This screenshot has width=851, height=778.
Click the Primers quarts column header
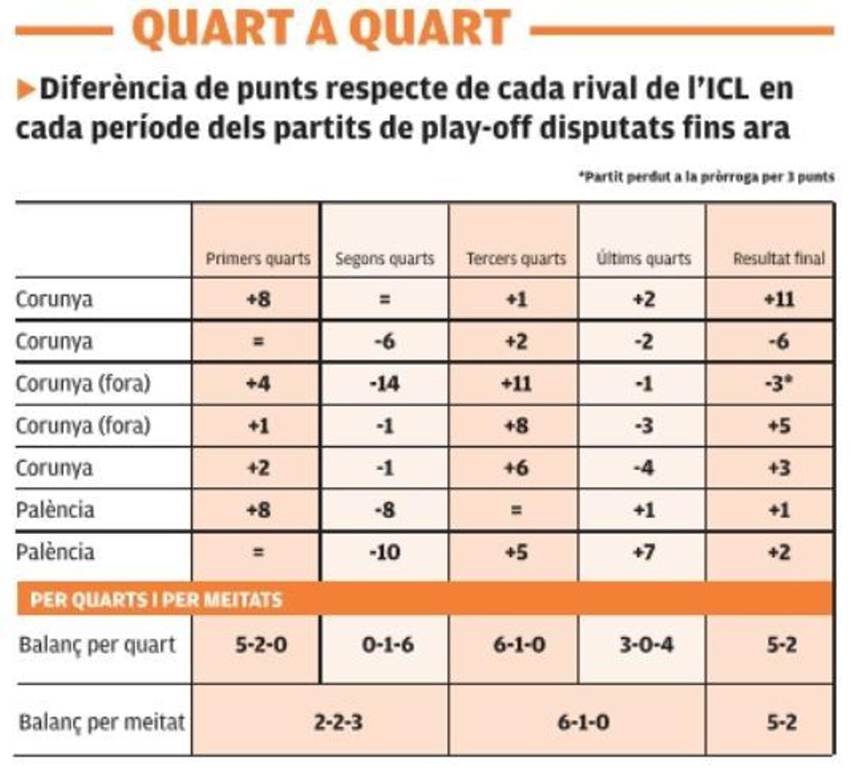(257, 259)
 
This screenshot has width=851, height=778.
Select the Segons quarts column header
(384, 259)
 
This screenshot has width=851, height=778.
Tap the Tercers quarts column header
(516, 259)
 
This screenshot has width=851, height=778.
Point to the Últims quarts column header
(643, 259)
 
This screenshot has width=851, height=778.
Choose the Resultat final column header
(779, 259)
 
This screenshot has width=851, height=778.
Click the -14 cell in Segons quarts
(384, 384)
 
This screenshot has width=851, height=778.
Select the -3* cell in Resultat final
(779, 384)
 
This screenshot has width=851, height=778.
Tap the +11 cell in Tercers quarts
(516, 384)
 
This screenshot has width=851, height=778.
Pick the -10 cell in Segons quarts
(384, 552)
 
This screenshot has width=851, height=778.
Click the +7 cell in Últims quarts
(643, 552)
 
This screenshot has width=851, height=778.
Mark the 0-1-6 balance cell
(387, 645)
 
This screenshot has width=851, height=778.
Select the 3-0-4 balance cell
(646, 645)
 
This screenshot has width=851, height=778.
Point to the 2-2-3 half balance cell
(338, 722)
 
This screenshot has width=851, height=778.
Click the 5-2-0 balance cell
(261, 645)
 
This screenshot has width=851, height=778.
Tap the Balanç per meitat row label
(101, 722)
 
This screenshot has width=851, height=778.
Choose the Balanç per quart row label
(96, 645)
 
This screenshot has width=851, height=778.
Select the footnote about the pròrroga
(706, 177)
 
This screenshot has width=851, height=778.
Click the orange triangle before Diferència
(26, 90)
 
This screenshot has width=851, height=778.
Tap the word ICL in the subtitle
(716, 89)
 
